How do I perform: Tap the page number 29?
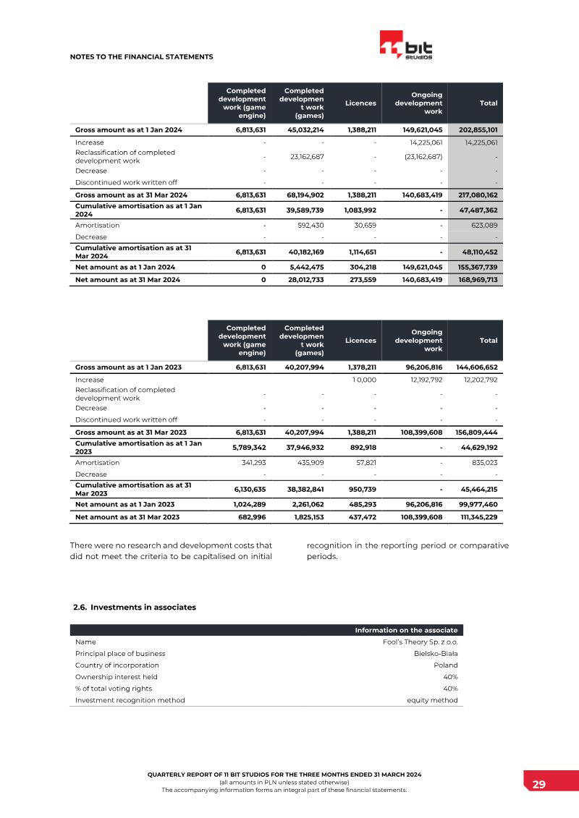point(539,785)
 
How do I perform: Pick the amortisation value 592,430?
point(310,226)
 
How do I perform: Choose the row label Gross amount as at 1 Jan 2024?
point(129,129)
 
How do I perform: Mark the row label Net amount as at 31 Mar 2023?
point(127,516)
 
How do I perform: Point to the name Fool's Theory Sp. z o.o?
point(420,642)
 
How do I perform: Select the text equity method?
point(433,700)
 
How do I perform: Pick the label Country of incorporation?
point(117,665)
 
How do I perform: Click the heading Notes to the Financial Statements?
point(141,56)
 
